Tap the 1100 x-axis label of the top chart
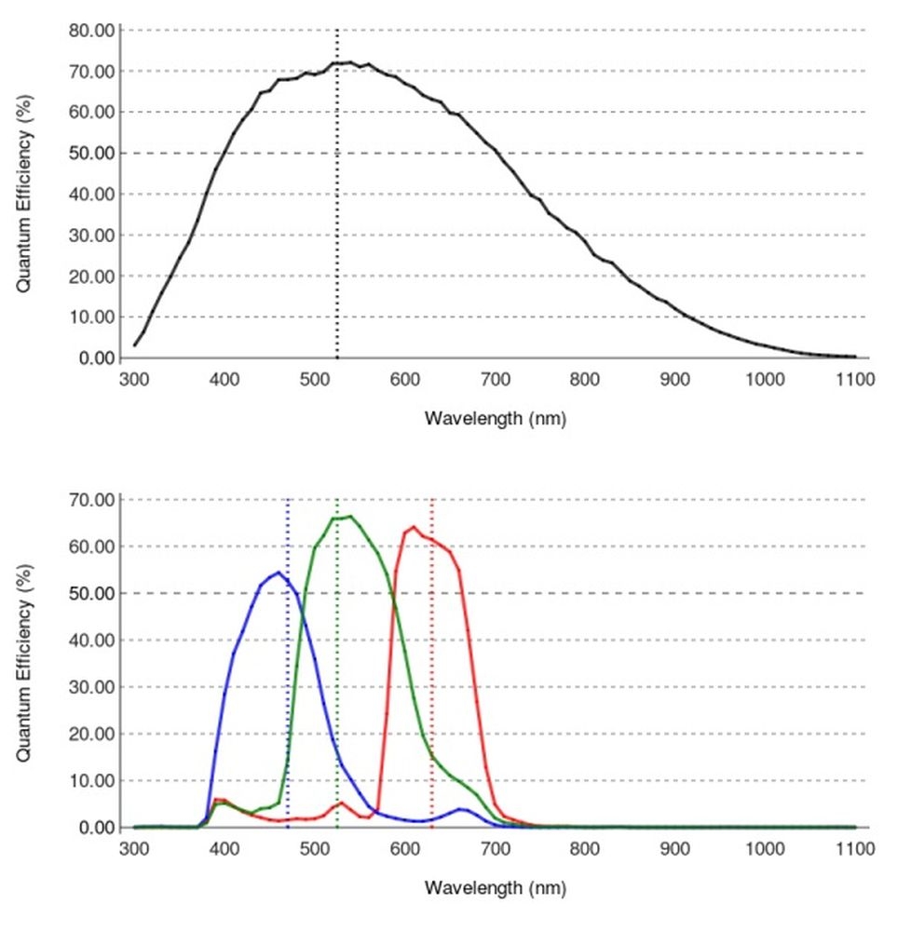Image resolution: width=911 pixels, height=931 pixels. click(854, 380)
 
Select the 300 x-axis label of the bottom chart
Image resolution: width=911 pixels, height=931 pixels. click(134, 850)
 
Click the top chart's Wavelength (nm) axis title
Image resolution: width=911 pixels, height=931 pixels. click(495, 418)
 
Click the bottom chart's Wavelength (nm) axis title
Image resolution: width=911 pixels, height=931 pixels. click(495, 888)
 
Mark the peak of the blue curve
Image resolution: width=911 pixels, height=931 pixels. click(279, 573)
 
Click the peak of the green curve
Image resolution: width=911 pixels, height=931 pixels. click(349, 517)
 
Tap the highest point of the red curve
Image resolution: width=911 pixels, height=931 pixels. click(413, 527)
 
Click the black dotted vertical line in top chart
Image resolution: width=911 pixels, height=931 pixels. click(337, 233)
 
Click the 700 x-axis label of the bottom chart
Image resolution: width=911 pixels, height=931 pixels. click(495, 850)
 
